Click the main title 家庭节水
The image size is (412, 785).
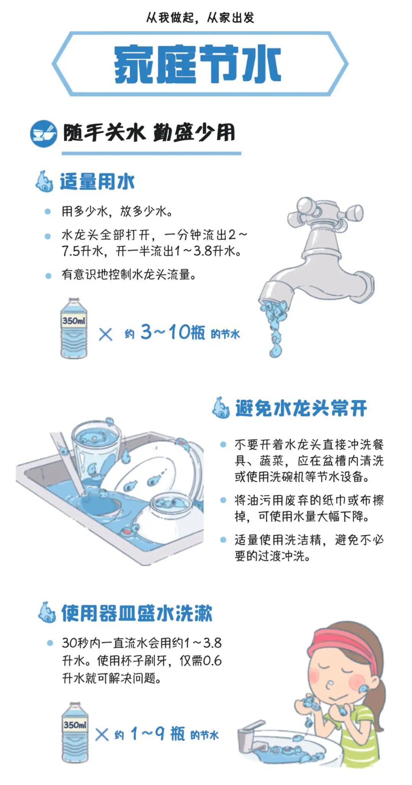pyautogui.click(x=198, y=64)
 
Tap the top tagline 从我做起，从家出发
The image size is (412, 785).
pyautogui.click(x=200, y=18)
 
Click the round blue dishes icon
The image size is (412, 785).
pyautogui.click(x=43, y=134)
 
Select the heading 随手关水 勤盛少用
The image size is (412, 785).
pyautogui.click(x=149, y=133)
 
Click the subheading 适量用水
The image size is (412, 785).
pyautogui.click(x=97, y=181)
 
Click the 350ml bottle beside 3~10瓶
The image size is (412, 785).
pyautogui.click(x=74, y=329)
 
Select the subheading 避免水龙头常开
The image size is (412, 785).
pyautogui.click(x=301, y=408)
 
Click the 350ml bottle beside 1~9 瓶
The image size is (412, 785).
pyautogui.click(x=75, y=732)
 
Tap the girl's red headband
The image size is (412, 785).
pyautogui.click(x=344, y=645)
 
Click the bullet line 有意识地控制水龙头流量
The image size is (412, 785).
pyautogui.click(x=129, y=274)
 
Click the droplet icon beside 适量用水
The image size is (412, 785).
pyautogui.click(x=44, y=181)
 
